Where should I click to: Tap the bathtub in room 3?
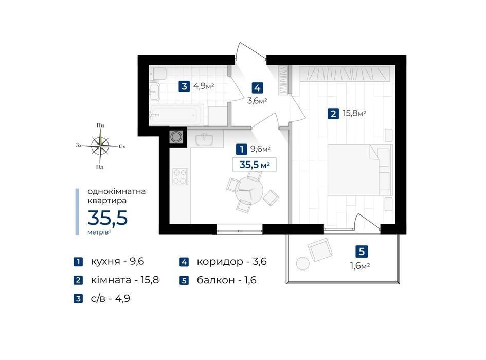pos(176,115)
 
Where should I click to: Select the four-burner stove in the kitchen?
pos(180,176)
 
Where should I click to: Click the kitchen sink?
pos(204,139)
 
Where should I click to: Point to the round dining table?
pos(249,190)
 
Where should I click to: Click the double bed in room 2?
pos(360,170)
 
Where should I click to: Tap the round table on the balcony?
pos(302,263)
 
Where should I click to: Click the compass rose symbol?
pos(100,146)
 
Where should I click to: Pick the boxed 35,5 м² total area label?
pos(254,165)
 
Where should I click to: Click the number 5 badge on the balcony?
pos(362,251)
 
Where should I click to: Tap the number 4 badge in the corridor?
pos(257,88)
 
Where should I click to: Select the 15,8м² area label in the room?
pos(354,113)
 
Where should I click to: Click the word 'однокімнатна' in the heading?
pos(117,191)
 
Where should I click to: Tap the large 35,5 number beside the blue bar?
pos(107,218)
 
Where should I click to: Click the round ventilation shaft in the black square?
pos(177,137)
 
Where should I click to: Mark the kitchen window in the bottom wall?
pos(239,229)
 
